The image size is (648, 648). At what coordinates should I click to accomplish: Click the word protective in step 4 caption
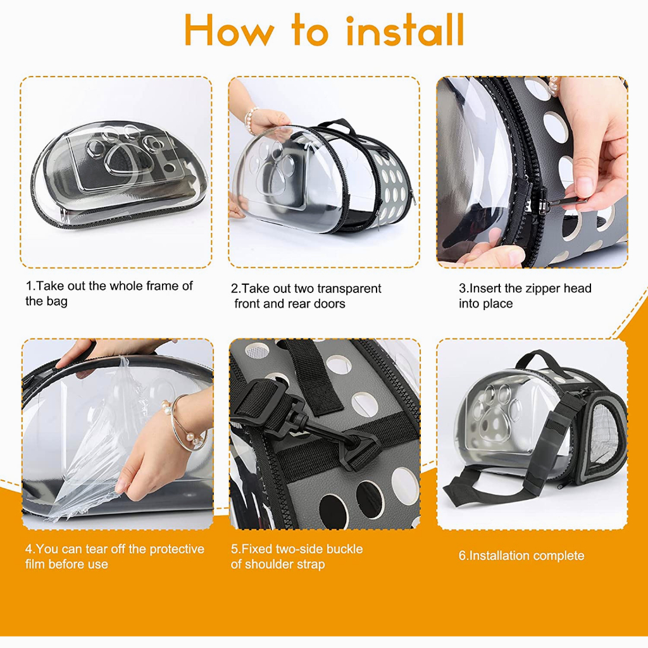[177, 549]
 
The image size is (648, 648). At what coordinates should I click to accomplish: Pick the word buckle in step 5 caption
[344, 549]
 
